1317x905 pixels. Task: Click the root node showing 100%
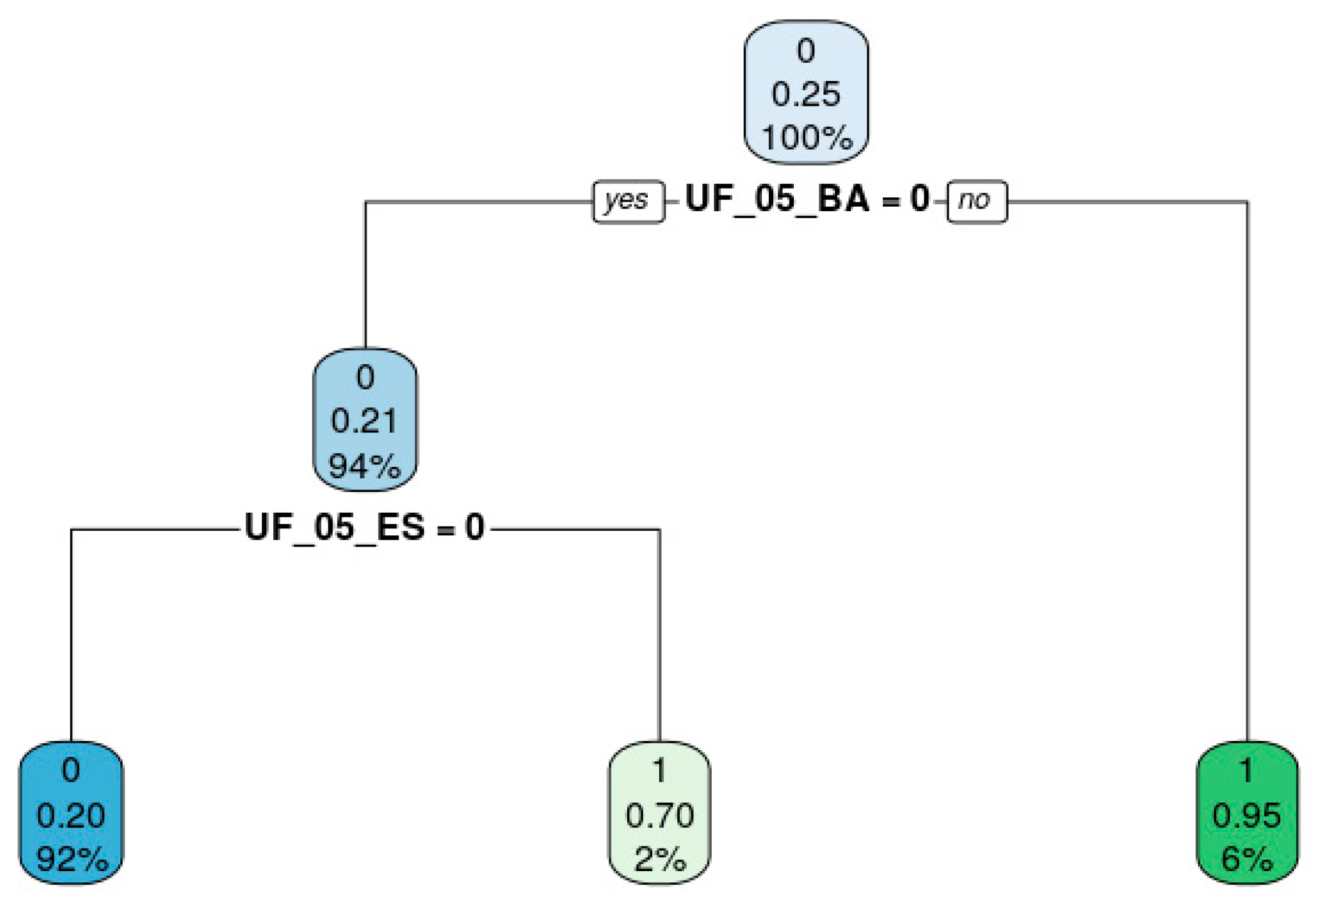pos(806,93)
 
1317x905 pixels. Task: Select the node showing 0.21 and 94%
pos(365,420)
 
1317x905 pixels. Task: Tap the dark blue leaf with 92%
pos(71,813)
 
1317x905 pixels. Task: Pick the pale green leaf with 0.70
pos(659,813)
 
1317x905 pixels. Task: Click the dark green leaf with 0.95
pos(1247,813)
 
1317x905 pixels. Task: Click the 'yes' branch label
pos(627,201)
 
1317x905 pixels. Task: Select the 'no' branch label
pos(976,201)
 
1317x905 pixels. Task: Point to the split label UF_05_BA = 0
pos(807,199)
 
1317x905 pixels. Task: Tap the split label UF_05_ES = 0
pos(365,527)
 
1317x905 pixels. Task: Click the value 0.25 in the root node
pos(806,94)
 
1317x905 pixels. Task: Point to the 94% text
pos(365,466)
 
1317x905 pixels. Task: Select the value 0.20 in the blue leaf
pos(71,815)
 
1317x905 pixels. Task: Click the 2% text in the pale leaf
pos(660,859)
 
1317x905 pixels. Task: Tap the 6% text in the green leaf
pos(1247,859)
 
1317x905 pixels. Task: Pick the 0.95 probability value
pos(1247,815)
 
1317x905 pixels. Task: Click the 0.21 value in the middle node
pos(365,421)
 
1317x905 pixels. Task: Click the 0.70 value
pos(660,815)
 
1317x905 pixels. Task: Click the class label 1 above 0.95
pos(1247,770)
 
